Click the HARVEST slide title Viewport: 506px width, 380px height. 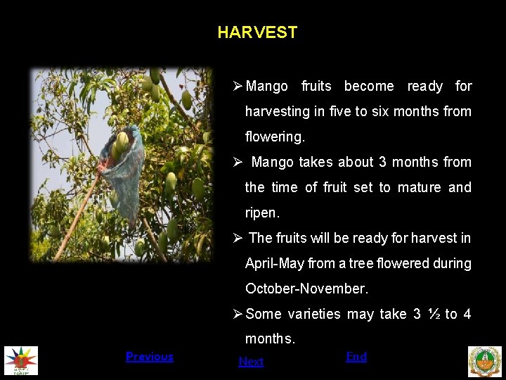(257, 32)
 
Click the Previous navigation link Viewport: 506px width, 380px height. (149, 357)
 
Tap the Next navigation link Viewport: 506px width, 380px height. (251, 362)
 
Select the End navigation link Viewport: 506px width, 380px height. (356, 357)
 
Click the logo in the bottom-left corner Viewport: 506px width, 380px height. (21, 361)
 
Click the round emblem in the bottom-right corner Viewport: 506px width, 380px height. (485, 361)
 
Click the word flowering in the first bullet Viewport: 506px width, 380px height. (275, 137)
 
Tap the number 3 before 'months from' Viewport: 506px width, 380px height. (382, 162)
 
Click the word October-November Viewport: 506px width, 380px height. (306, 289)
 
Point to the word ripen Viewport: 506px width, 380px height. (262, 213)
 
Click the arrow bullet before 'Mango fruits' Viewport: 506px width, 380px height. (238, 87)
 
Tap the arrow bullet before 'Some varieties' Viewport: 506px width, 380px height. (238, 315)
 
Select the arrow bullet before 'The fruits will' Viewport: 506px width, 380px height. (238, 239)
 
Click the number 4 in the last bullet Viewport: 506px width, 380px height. (467, 314)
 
